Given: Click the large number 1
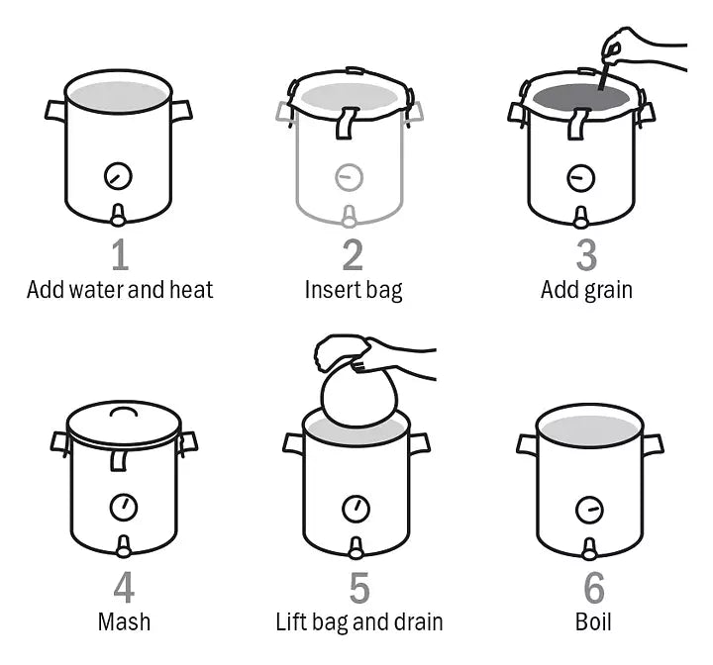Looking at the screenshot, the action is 121,254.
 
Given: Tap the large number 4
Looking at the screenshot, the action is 124,587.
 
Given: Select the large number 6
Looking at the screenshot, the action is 594,587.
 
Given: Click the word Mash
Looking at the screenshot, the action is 124,621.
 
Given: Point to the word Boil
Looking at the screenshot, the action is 593,621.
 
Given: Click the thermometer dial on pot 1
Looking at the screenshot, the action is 118,176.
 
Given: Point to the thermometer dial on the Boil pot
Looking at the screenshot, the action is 589,510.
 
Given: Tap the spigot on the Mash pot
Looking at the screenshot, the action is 123,546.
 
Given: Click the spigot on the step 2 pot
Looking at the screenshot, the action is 349,217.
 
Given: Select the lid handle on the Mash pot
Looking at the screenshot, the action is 124,411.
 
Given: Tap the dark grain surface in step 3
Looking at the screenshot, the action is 581,97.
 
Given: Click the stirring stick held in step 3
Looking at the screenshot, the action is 605,74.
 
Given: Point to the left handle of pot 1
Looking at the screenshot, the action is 55,112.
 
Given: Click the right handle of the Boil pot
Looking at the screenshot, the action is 654,443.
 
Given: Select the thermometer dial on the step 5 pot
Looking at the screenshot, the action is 356,509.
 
